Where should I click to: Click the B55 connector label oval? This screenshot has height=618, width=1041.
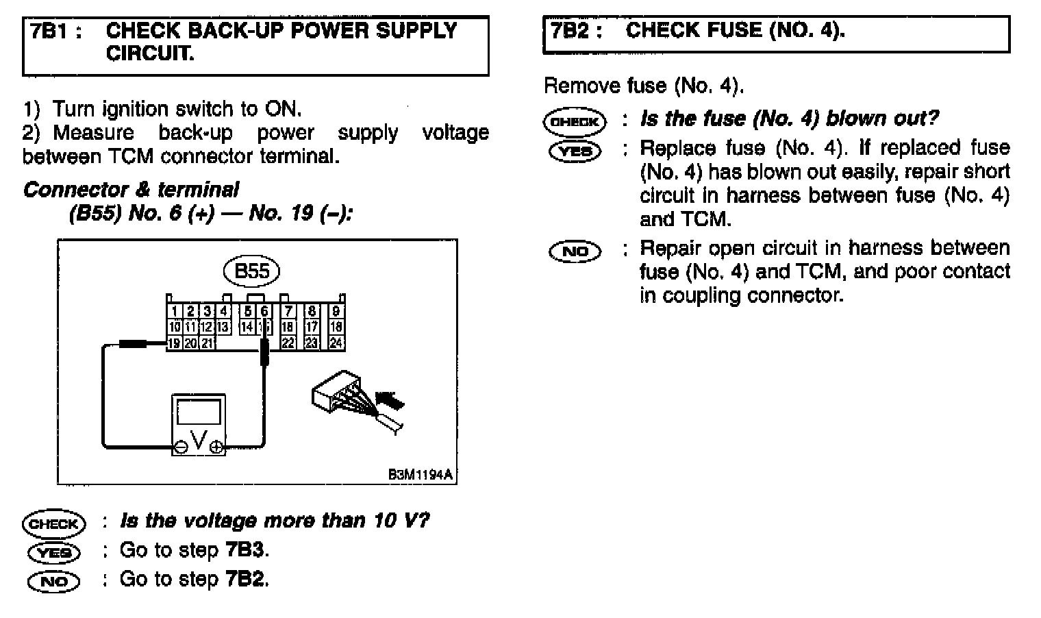251,272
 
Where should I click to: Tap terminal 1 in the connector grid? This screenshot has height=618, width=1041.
175,312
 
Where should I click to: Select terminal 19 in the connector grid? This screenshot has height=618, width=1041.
175,343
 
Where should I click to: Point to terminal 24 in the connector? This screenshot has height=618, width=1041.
336,343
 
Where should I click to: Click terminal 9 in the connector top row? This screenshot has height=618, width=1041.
336,312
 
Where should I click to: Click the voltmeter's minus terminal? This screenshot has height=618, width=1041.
181,447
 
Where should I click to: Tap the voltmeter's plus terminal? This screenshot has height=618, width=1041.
216,447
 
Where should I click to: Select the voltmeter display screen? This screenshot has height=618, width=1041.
199,412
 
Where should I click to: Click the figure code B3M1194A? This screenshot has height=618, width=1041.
421,475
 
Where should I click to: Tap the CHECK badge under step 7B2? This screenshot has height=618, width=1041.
575,123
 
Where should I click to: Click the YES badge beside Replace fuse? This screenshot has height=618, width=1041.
575,151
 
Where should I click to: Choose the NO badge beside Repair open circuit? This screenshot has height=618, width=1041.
575,251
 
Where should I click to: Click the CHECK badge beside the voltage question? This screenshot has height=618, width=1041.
54,524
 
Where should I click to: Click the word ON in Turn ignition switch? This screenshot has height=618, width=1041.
281,109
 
